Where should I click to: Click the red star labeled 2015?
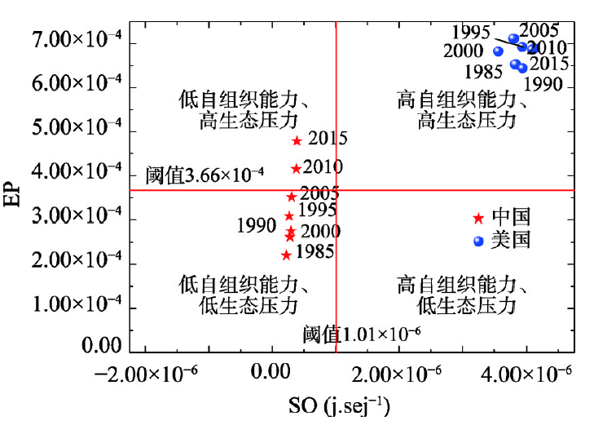pos(297,140)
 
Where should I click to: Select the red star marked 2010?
pos(296,169)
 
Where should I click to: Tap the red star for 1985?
pos(286,255)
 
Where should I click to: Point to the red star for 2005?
pos(291,197)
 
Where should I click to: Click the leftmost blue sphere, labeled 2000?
pos(498,51)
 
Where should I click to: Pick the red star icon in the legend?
pos(478,218)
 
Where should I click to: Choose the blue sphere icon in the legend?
pos(478,241)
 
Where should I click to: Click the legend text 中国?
pos(511,217)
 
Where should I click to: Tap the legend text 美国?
pos(511,241)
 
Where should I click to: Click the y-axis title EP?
pos(14,193)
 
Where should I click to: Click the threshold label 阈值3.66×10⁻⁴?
pos(205,175)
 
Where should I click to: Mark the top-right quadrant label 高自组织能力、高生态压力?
pos(461,111)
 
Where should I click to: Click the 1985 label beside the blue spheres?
pos(483,72)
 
